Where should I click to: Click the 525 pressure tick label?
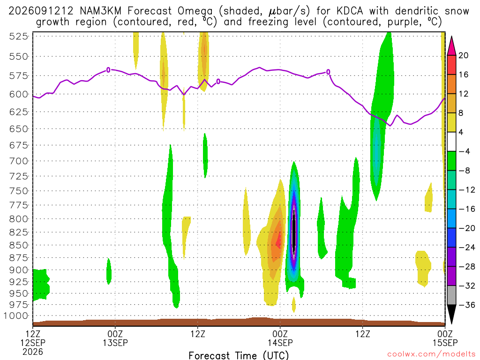19,37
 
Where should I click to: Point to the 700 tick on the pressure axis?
19,161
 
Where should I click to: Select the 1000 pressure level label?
16,315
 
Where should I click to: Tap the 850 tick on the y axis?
19,245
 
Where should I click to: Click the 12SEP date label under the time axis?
33,343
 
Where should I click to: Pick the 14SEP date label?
280,343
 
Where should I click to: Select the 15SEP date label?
445,343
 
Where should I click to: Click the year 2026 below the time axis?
33,352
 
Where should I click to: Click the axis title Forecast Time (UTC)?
239,355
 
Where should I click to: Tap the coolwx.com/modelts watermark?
432,354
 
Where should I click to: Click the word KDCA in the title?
350,11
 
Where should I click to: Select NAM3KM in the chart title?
100,11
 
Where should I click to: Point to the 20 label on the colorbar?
464,55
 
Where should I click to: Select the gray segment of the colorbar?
451,295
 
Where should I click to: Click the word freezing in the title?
268,22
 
